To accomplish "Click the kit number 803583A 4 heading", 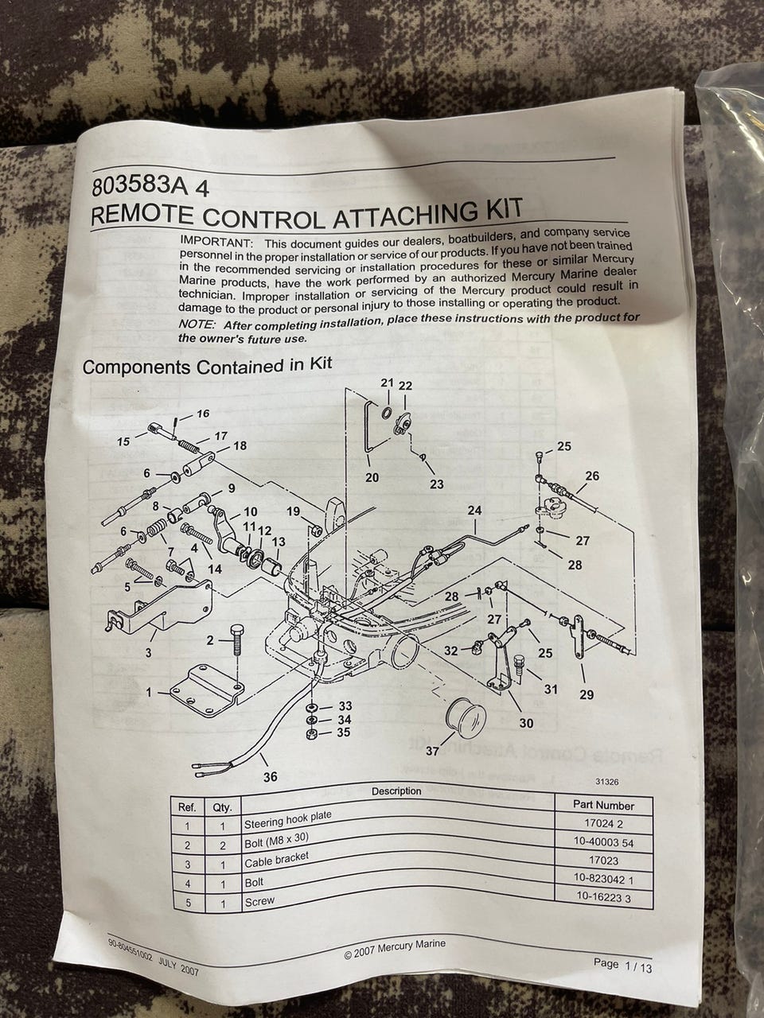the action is (150, 187).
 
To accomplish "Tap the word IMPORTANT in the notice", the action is (215, 242).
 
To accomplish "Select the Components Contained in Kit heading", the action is (208, 366).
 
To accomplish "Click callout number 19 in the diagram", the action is (293, 511).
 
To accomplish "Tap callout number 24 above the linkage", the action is (474, 510).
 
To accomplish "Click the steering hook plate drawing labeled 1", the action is (205, 690).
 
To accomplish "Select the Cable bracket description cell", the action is (276, 860).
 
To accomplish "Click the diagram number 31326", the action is (606, 782).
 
